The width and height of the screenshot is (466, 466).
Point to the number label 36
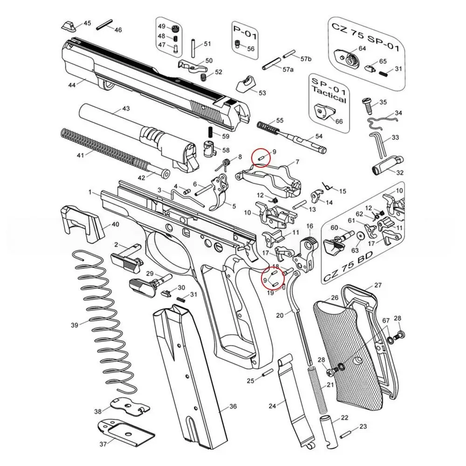click(233, 407)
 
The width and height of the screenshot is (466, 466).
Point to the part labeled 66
click(324, 111)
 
